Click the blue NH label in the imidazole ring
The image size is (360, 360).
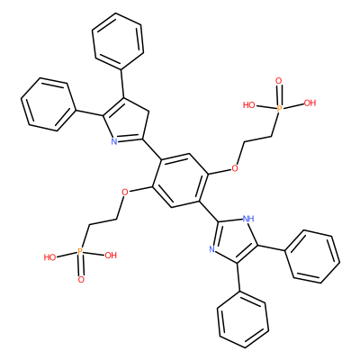click(247, 218)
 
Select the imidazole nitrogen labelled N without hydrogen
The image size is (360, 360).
click(211, 248)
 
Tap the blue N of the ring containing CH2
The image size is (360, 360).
click(113, 141)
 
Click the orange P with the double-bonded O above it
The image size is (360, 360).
click(279, 108)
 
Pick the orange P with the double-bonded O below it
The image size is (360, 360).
click(79, 251)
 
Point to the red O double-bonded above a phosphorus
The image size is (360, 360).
click(279, 81)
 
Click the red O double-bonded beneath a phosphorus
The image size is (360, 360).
click(81, 280)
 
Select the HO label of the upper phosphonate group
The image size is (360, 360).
click(249, 105)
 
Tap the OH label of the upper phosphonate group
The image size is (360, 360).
click(310, 103)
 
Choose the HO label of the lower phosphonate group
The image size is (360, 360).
click(50, 257)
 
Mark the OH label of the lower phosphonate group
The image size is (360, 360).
click(110, 256)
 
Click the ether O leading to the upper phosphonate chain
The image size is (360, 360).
click(235, 168)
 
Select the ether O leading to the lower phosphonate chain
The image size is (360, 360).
click(125, 192)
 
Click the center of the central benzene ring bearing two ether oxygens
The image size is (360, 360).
click(180, 180)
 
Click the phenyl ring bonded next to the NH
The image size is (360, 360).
click(312, 256)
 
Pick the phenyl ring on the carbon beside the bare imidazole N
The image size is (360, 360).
click(243, 319)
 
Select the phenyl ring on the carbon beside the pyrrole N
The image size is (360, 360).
click(49, 104)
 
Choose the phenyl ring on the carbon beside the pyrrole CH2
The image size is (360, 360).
click(118, 41)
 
